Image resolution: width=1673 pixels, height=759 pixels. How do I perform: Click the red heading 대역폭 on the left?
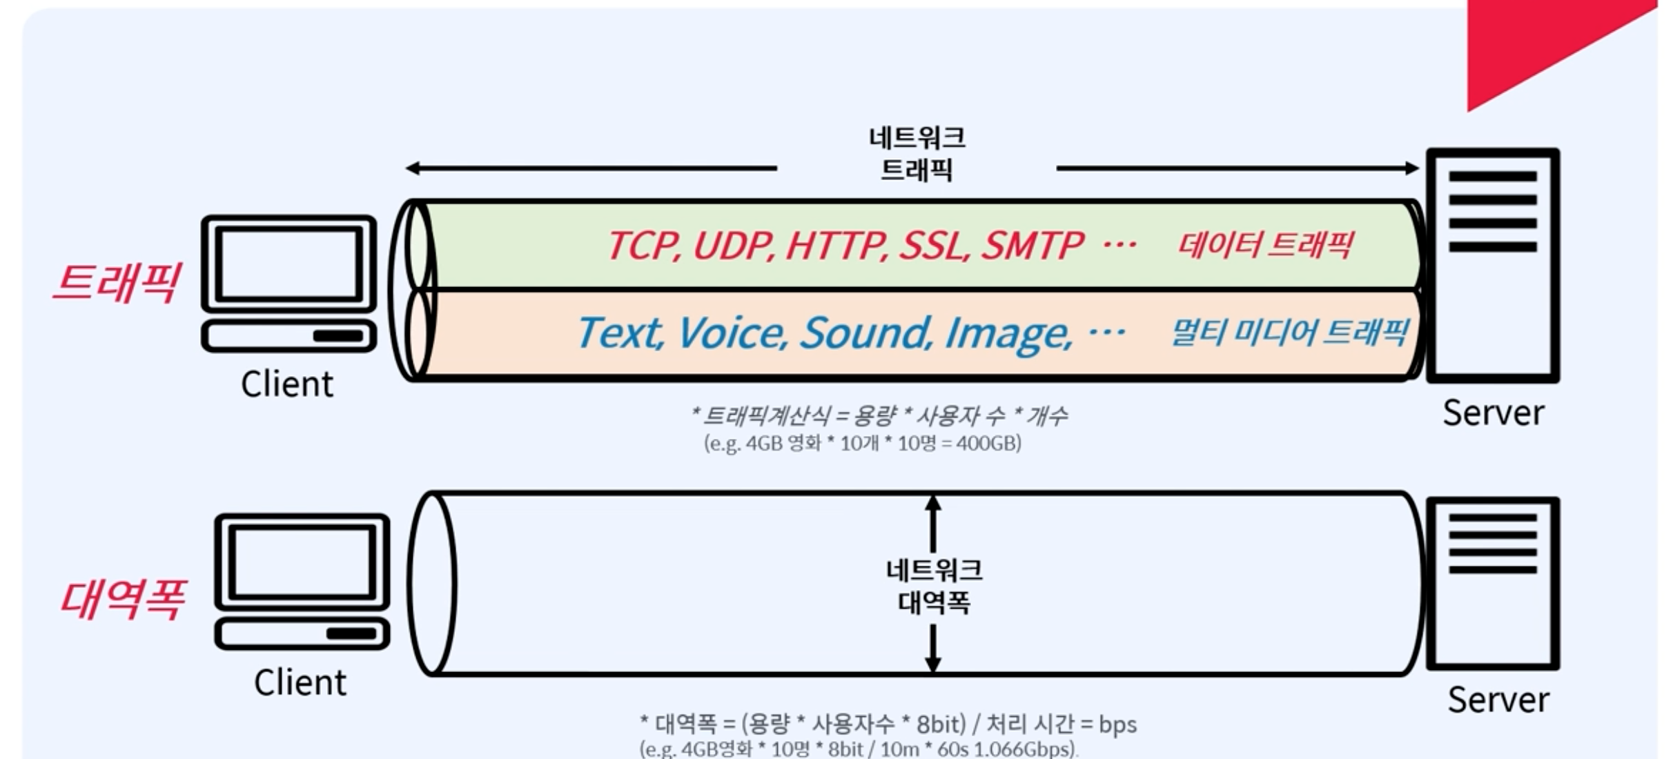coord(123,599)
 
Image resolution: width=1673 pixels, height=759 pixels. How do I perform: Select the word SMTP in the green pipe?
coord(1032,246)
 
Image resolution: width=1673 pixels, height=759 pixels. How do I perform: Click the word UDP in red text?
coord(733,246)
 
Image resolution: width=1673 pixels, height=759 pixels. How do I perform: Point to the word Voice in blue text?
coord(732,333)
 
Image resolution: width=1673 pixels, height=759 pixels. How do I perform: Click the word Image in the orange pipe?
coord(1008,333)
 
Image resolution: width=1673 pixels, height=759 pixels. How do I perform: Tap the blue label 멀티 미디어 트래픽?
coord(1289,333)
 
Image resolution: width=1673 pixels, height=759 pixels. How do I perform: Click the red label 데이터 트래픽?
coord(1264,245)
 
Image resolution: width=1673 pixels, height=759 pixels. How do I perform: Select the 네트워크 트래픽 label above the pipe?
coord(917,153)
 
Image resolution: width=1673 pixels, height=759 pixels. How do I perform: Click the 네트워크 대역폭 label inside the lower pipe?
coord(934,586)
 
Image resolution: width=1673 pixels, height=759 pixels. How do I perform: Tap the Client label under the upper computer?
coord(287,384)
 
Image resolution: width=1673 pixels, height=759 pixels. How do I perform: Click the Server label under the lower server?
coord(1498,700)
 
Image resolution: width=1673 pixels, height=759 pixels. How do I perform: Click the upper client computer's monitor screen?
coord(288,263)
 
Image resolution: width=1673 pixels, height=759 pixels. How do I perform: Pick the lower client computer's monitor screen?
coord(302,560)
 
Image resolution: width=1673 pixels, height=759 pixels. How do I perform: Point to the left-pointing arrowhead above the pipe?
coord(413,168)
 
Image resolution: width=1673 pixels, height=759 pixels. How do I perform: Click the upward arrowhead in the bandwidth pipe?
coord(933,503)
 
